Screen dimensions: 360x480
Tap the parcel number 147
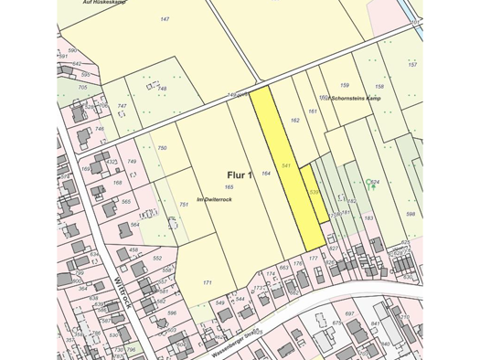[x=165, y=19]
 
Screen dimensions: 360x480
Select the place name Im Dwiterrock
[x=214, y=199]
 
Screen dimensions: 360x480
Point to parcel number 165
[x=229, y=187]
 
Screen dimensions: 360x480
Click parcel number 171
[x=207, y=283]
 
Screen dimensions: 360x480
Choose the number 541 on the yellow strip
[x=286, y=165]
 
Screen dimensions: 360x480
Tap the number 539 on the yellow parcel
[x=313, y=192]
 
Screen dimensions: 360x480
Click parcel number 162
[x=294, y=120]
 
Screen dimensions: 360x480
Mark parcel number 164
[x=266, y=173]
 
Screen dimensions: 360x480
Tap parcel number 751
[x=184, y=205]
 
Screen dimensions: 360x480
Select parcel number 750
[x=162, y=148]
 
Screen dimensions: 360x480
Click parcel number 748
[x=111, y=89]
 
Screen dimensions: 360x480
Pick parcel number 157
[x=412, y=65]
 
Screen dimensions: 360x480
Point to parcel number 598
[x=411, y=215]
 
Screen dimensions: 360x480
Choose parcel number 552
[x=157, y=259]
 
